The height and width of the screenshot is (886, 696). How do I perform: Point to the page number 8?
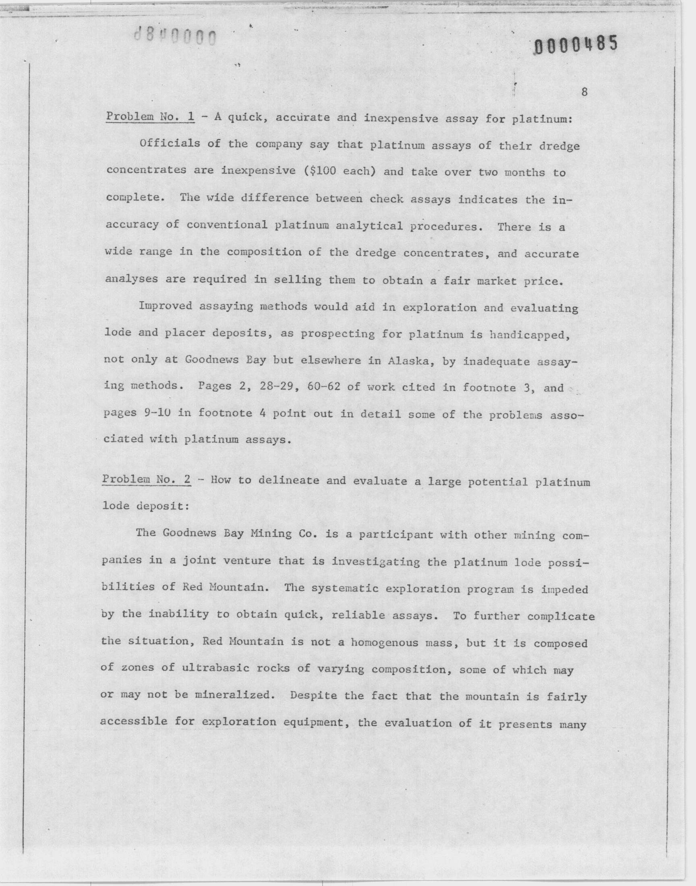point(584,92)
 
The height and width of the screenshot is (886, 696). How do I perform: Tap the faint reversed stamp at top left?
point(175,37)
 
